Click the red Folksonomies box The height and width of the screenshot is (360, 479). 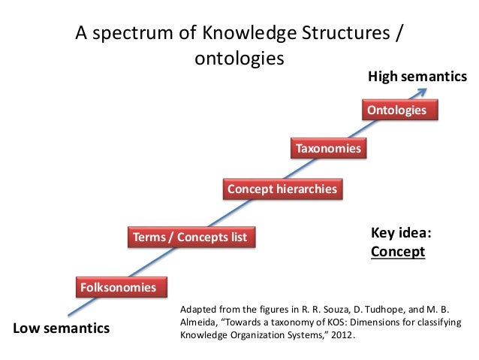118,287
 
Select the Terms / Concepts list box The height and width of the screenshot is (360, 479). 190,237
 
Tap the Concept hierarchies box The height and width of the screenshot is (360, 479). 282,189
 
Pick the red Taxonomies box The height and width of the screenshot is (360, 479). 328,149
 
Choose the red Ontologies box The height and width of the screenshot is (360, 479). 396,110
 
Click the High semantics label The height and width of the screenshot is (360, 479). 417,77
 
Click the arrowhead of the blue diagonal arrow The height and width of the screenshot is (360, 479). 424,91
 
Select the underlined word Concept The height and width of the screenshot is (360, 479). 398,252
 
